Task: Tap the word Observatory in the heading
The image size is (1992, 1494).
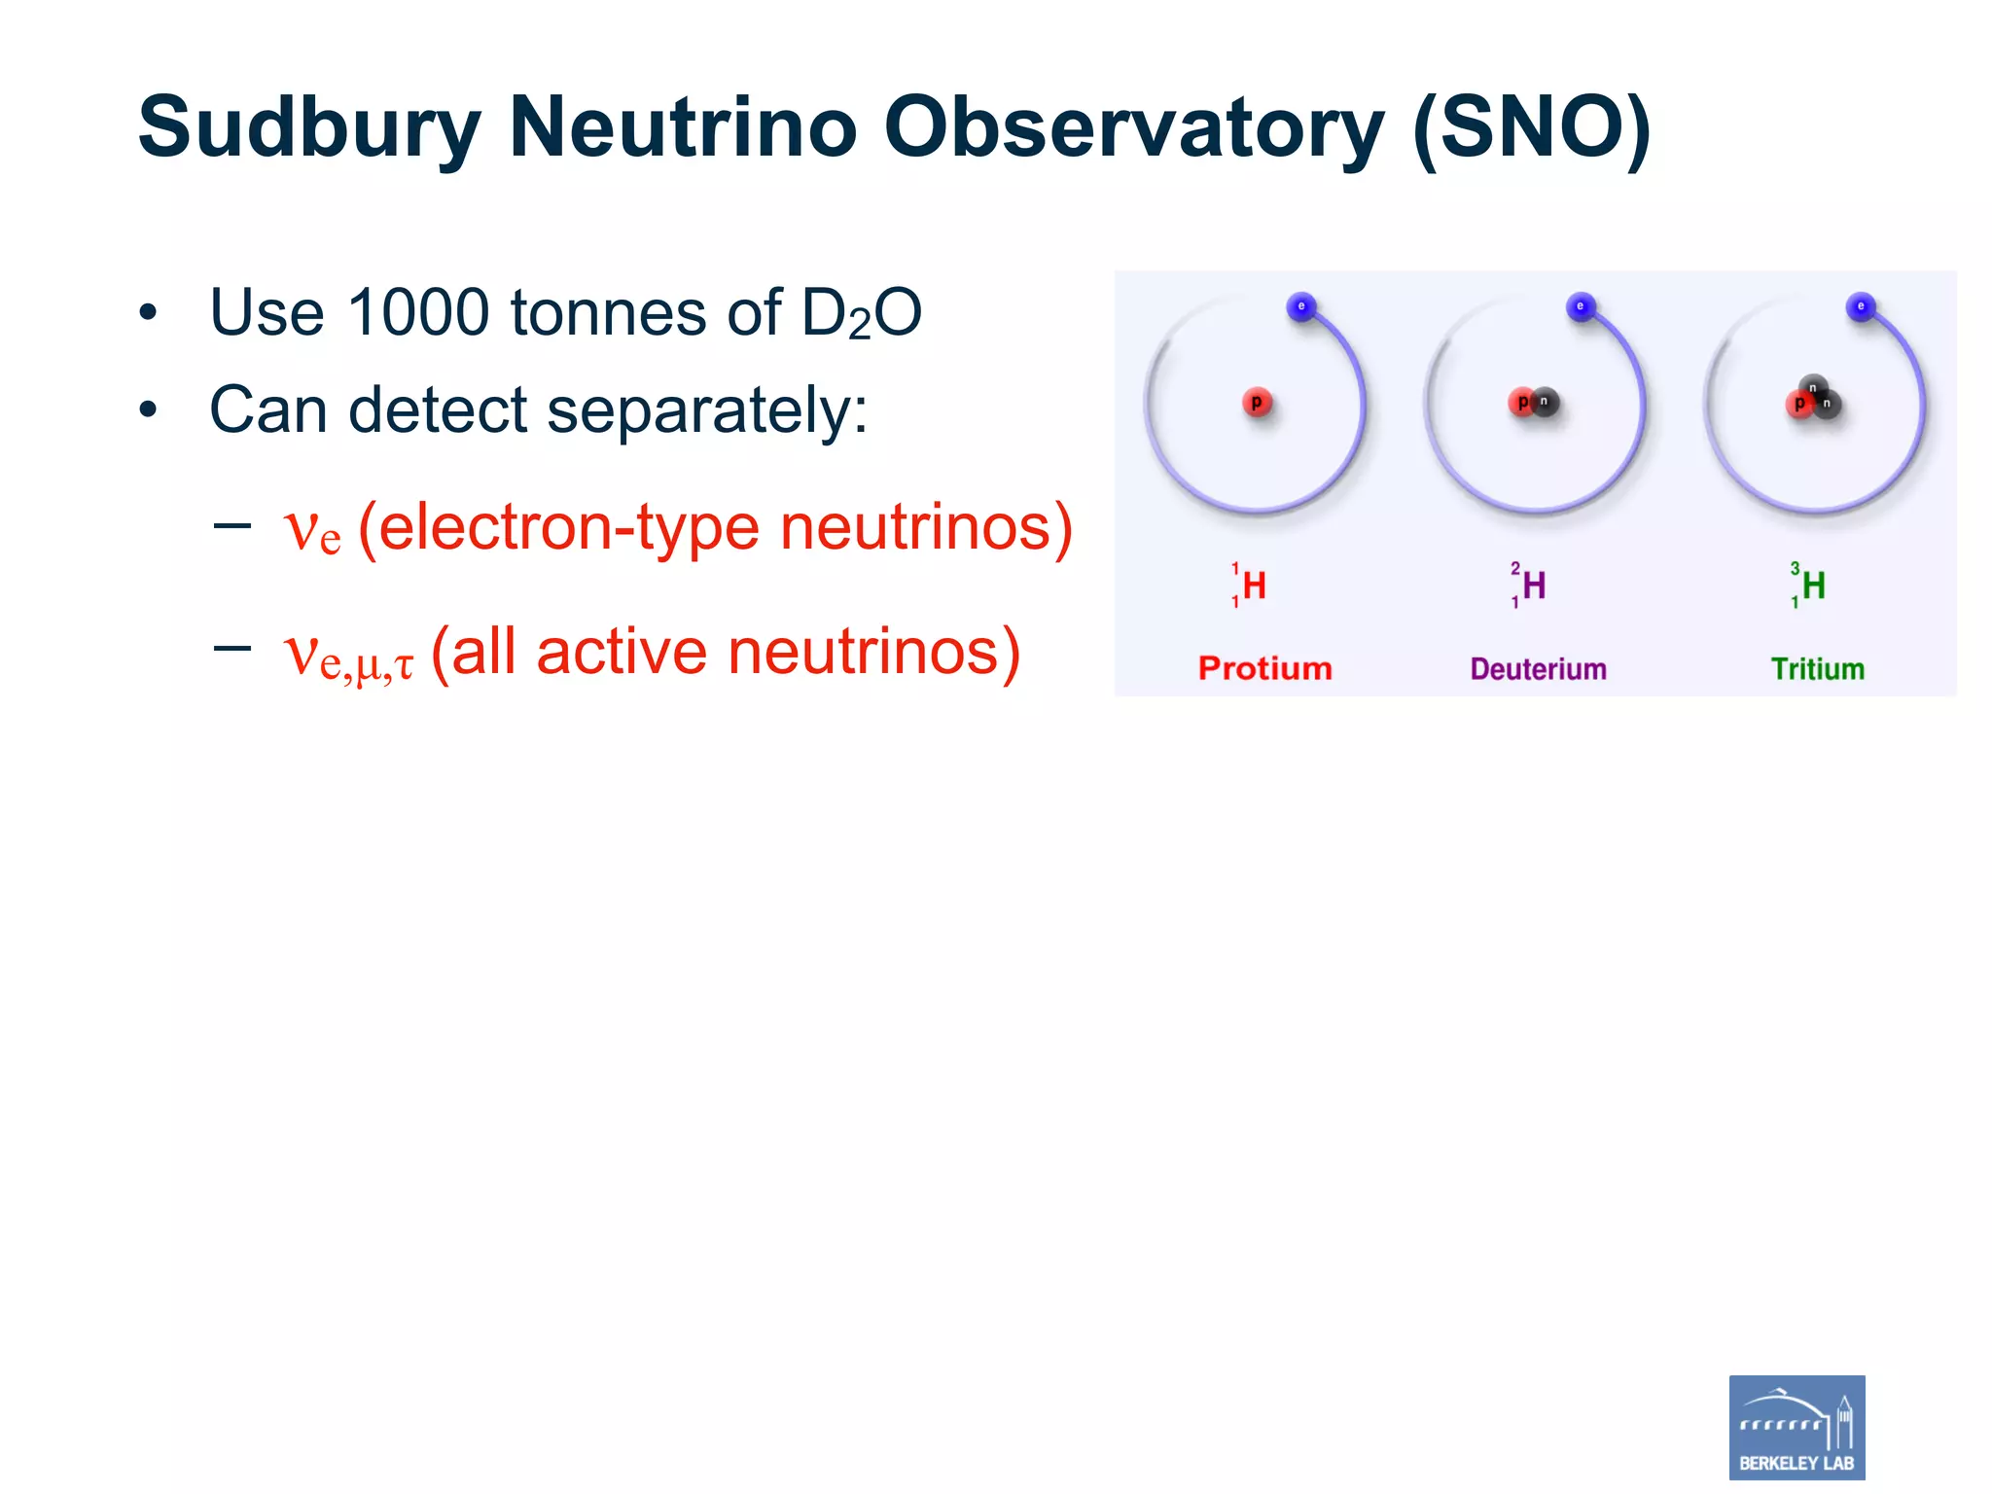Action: coord(1134,128)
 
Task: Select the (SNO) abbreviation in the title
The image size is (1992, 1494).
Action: coord(1531,128)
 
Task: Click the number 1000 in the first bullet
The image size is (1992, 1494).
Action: coord(417,313)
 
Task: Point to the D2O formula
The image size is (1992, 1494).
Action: coord(860,313)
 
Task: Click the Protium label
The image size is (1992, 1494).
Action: coord(1264,668)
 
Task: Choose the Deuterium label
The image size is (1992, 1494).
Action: coord(1538,668)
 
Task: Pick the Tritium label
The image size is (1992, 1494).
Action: coord(1817,668)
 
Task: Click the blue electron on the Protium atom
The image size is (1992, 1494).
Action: coord(1300,307)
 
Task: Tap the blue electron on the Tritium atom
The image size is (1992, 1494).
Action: coord(1860,307)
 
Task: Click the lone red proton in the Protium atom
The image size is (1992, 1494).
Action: coord(1257,402)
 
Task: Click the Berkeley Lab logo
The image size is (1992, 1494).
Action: coord(1796,1427)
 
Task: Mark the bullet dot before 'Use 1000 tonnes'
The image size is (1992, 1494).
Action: coord(148,313)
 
